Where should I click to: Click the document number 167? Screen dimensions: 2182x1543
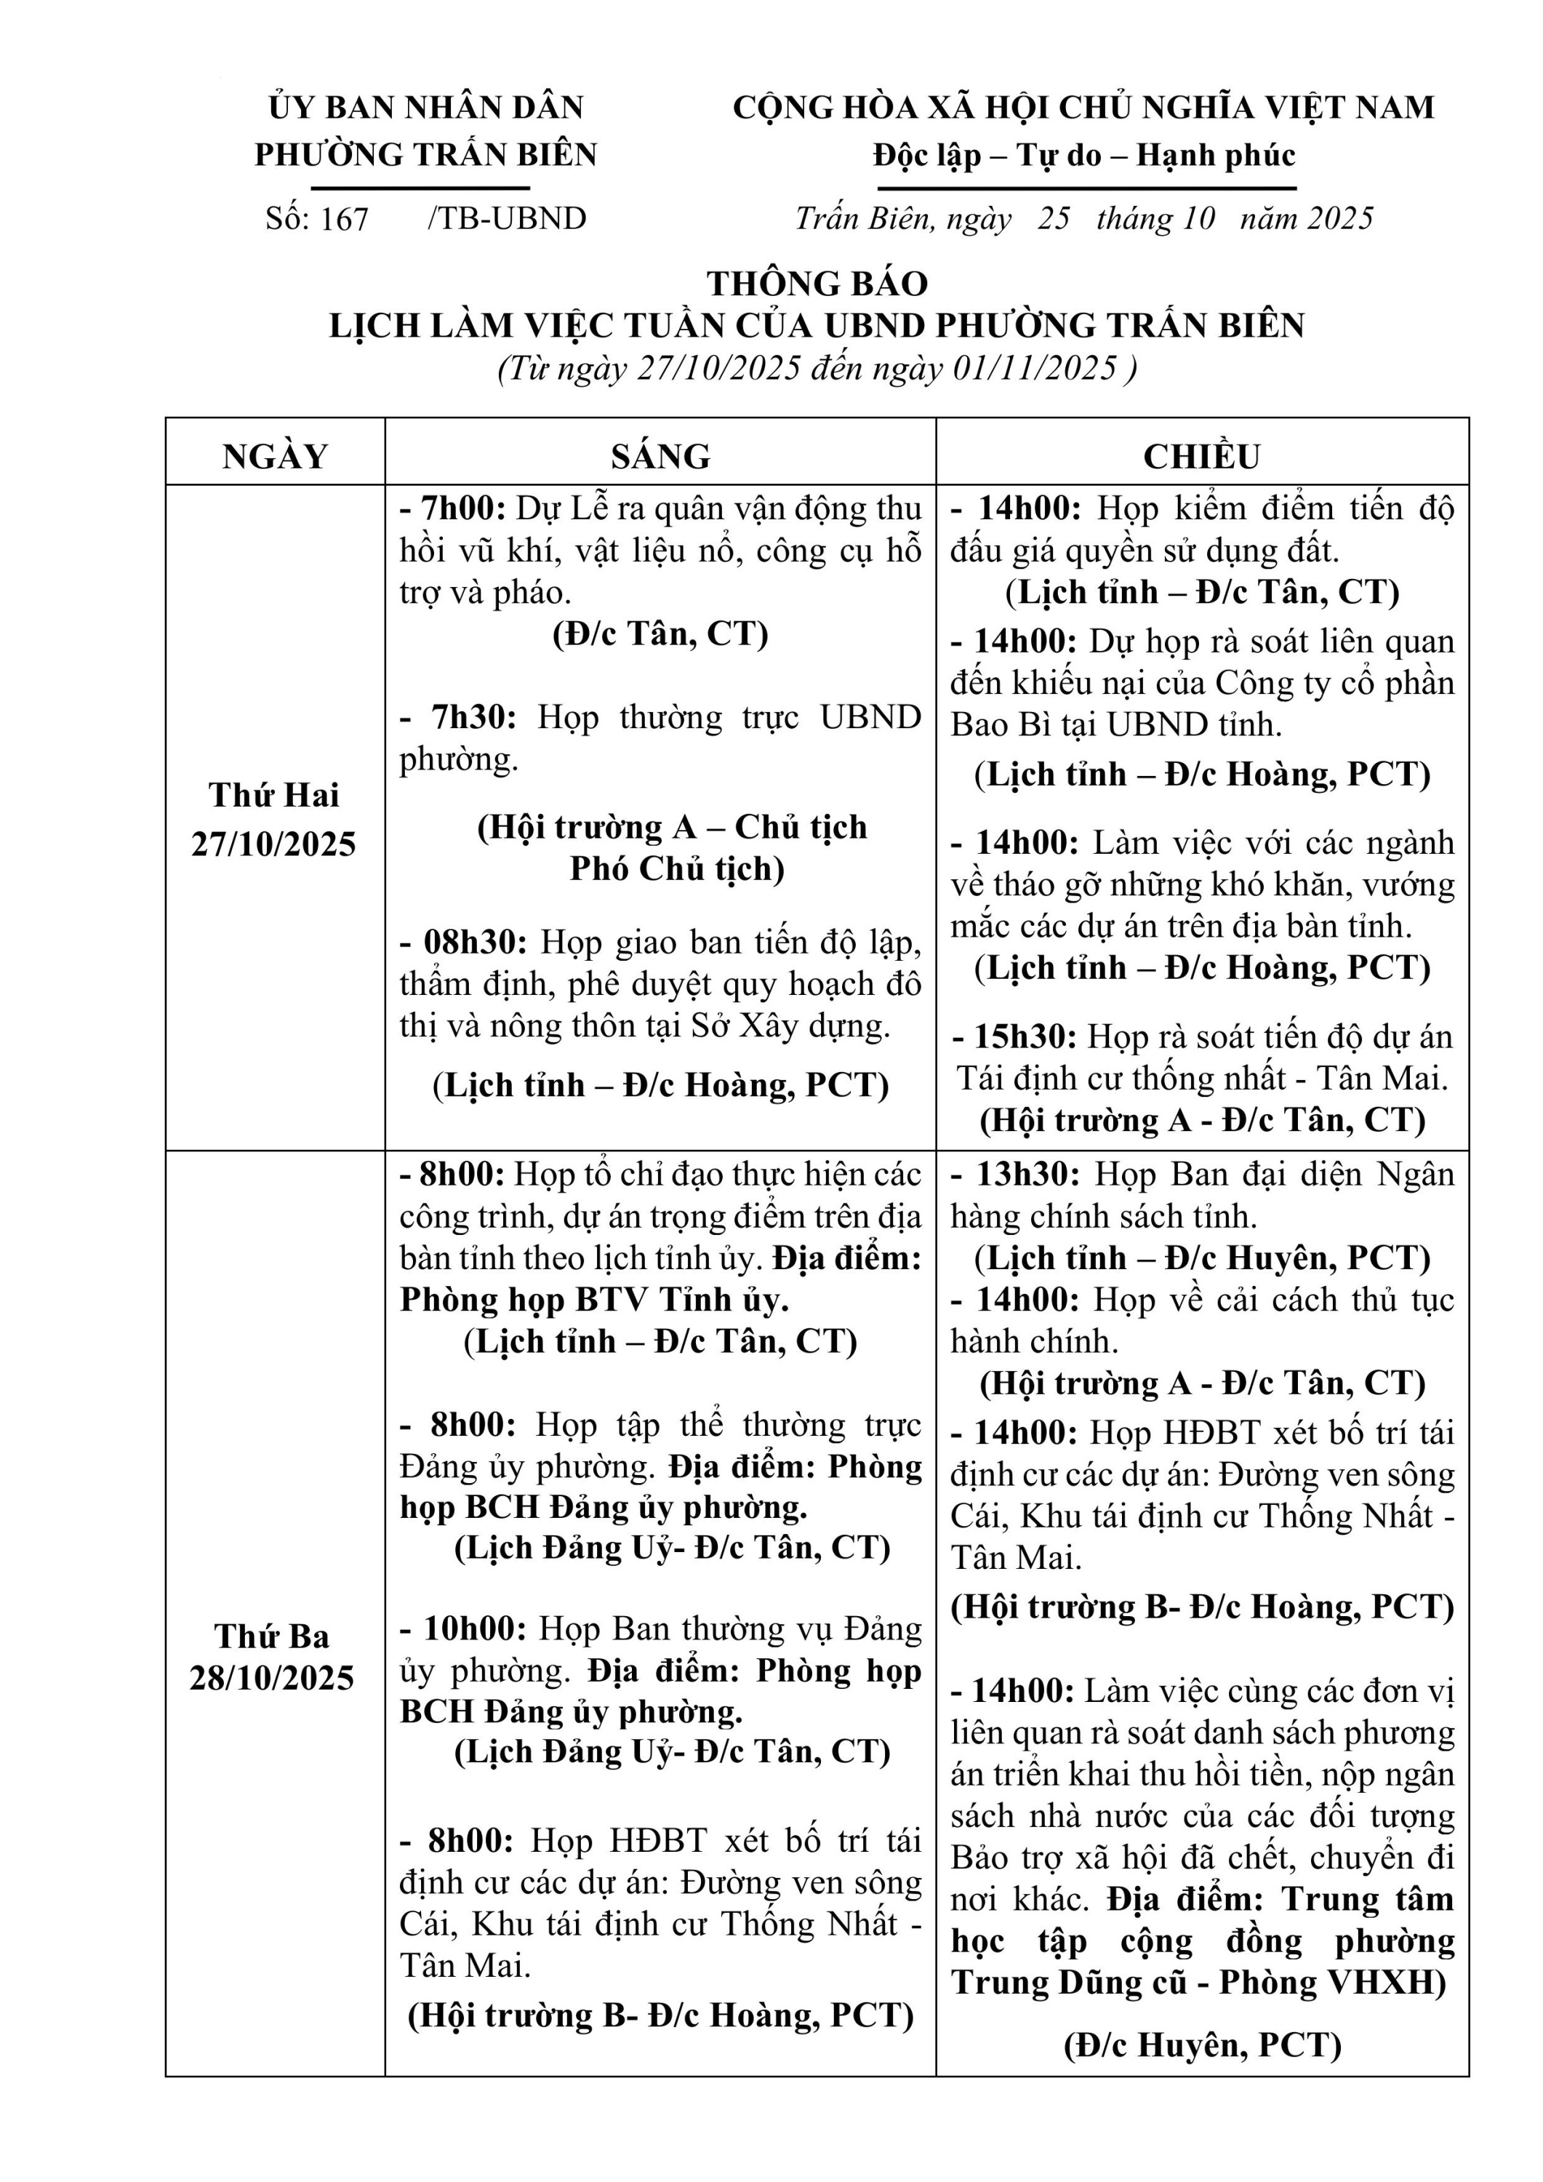click(345, 220)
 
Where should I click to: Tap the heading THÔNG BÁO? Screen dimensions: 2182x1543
click(817, 283)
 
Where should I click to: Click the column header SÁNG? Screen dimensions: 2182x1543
click(660, 456)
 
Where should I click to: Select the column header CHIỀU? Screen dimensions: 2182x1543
click(1201, 456)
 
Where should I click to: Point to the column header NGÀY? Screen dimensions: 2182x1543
click(276, 456)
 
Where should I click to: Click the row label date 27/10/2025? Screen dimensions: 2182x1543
click(273, 844)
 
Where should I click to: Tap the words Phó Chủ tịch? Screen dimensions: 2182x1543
click(676, 868)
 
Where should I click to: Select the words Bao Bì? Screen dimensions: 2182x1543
click(994, 725)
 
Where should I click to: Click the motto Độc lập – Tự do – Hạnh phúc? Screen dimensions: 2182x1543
click(1084, 155)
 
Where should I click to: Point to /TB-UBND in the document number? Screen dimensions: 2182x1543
click(508, 220)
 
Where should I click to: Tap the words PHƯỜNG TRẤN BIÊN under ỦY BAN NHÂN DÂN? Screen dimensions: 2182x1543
click(425, 155)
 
